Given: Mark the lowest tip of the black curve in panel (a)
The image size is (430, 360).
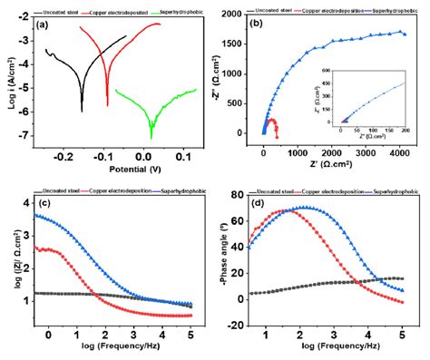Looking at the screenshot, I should [83, 111].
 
